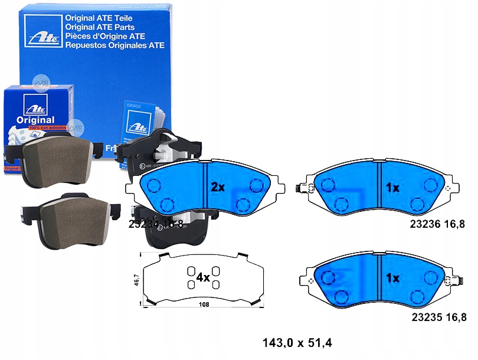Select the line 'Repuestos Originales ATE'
pyautogui.click(x=114, y=45)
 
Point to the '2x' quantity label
pyautogui.click(x=218, y=187)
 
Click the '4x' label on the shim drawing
pyautogui.click(x=201, y=277)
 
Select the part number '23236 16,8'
pyautogui.click(x=441, y=224)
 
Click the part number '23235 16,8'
pyautogui.click(x=441, y=316)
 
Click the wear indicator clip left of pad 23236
pyautogui.click(x=301, y=188)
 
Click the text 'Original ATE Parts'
pyautogui.click(x=100, y=27)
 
